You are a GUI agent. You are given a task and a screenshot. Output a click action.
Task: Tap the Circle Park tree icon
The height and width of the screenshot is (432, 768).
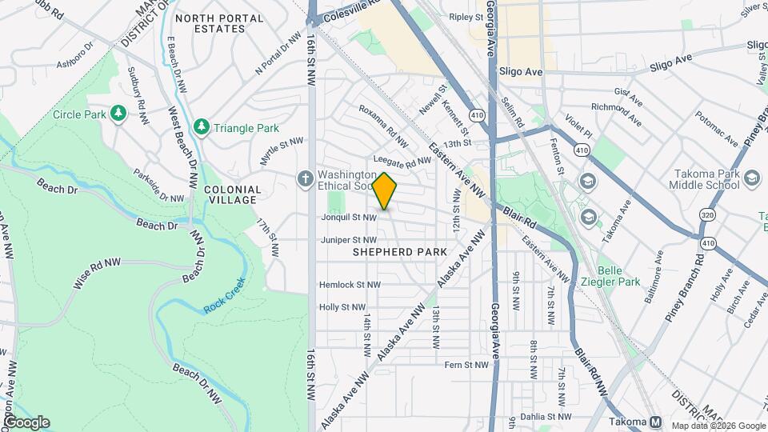[118, 114]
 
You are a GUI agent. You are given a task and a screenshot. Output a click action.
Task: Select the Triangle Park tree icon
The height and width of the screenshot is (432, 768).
[202, 127]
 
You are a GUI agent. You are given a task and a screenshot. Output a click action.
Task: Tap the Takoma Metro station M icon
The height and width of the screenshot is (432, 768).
[656, 422]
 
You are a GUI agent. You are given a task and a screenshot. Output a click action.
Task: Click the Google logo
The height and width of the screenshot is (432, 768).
[26, 422]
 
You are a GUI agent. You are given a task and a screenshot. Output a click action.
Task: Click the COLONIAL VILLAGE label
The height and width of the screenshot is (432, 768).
[233, 195]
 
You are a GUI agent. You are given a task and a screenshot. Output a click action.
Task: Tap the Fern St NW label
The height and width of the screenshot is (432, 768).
[466, 365]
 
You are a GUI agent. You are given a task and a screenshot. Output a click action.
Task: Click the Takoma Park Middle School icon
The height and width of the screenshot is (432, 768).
[751, 179]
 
